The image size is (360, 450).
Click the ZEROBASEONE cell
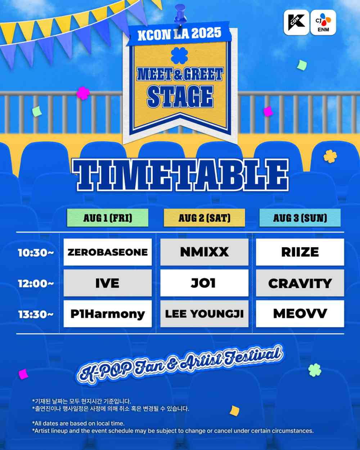[x=108, y=252]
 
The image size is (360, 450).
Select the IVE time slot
[x=108, y=283]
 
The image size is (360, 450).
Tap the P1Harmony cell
[x=108, y=314]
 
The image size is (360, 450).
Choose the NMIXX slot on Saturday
[x=204, y=252]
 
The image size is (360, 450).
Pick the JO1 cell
[x=204, y=283]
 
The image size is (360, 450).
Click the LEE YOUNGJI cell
[x=204, y=314]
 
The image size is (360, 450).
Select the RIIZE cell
[x=300, y=252]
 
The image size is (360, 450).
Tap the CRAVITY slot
[x=300, y=283]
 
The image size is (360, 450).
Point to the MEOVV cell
[x=300, y=314]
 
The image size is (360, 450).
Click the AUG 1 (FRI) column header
[x=108, y=218]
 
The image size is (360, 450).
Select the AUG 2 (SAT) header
[x=204, y=218]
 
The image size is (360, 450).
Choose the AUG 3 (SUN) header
[x=300, y=218]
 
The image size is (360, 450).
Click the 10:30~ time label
[x=36, y=253]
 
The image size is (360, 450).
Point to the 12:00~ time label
[x=36, y=284]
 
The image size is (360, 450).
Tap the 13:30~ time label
[x=36, y=315]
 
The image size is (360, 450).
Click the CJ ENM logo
[x=323, y=22]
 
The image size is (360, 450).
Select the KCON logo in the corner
[x=296, y=22]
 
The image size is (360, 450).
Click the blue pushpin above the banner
[x=180, y=14]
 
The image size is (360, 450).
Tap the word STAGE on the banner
[x=180, y=96]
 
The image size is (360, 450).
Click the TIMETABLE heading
[x=180, y=175]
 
